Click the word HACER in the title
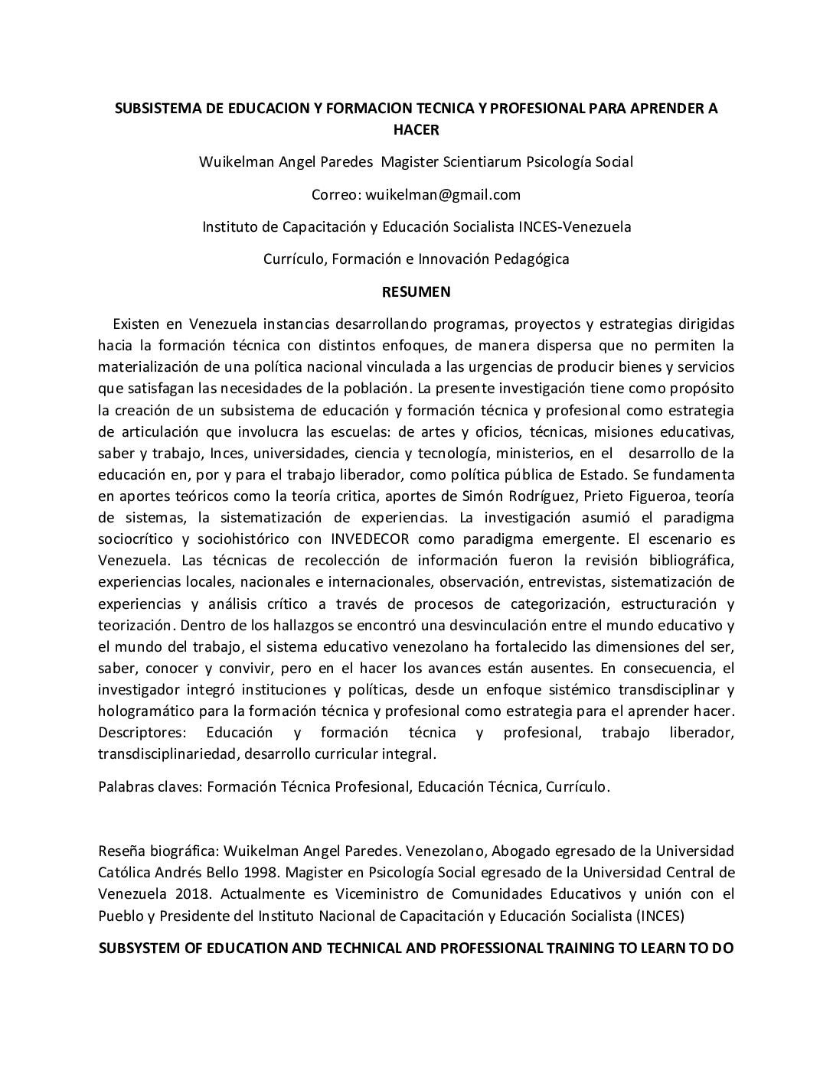(416, 130)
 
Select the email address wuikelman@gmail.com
(443, 195)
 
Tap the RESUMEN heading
(416, 291)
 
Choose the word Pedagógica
(531, 259)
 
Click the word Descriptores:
(142, 733)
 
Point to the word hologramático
(145, 711)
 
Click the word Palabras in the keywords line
(125, 787)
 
